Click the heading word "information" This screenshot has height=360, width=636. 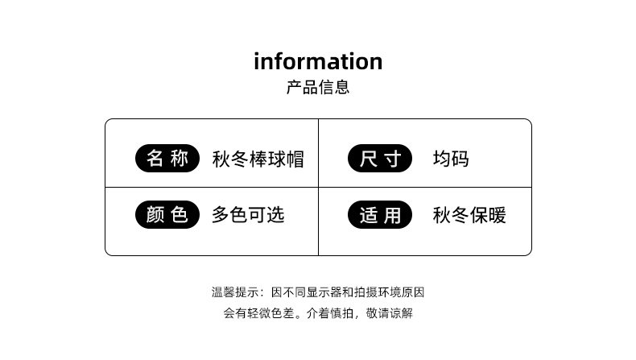pyautogui.click(x=318, y=61)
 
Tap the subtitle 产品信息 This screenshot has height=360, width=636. pyautogui.click(x=318, y=87)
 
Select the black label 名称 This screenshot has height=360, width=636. pyautogui.click(x=167, y=159)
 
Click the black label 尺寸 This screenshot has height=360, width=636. pyautogui.click(x=380, y=159)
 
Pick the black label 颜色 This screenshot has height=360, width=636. pyautogui.click(x=167, y=215)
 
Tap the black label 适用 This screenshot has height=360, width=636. pyautogui.click(x=380, y=215)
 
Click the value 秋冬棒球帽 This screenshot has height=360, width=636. pyautogui.click(x=258, y=159)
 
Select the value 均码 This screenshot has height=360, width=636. pyautogui.click(x=450, y=159)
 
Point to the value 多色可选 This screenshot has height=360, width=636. pyautogui.click(x=248, y=215)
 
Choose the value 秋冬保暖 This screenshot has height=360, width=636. pyautogui.click(x=469, y=215)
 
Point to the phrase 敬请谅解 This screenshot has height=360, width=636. pyautogui.click(x=390, y=313)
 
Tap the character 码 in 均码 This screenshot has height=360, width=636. pyautogui.click(x=460, y=159)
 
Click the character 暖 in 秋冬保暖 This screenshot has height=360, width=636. pyautogui.click(x=497, y=215)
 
